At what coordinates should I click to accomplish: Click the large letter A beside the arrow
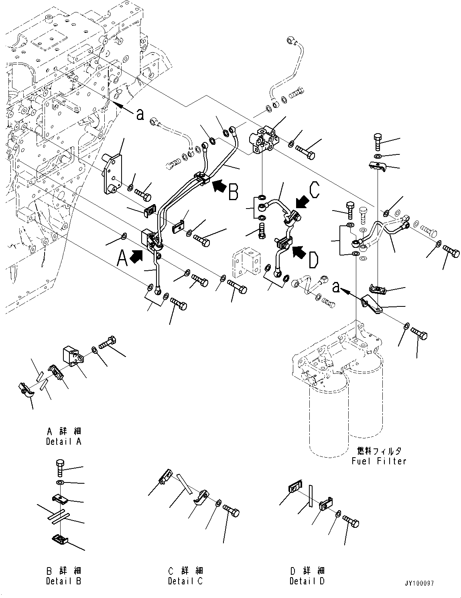click(x=122, y=257)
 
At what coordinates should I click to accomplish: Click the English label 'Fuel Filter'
click(x=379, y=461)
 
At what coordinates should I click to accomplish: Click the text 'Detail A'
click(x=63, y=442)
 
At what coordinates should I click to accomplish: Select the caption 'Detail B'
click(x=63, y=581)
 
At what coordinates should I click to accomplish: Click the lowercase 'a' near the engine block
click(x=140, y=115)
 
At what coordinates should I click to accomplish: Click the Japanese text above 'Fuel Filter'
click(x=379, y=451)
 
